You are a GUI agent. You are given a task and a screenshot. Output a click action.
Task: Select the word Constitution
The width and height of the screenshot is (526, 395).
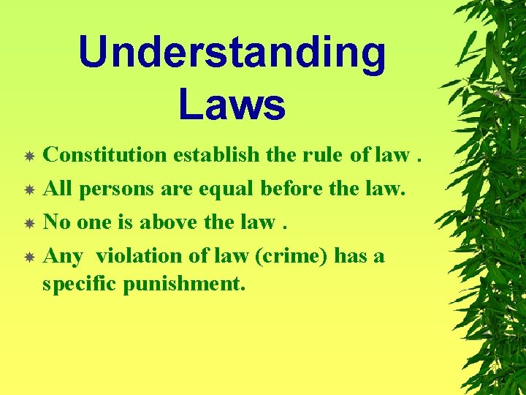(x=106, y=155)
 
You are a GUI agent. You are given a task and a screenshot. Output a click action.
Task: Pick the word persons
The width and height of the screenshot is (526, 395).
(x=118, y=189)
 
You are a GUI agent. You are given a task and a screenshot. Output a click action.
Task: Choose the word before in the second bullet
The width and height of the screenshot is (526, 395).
(x=291, y=189)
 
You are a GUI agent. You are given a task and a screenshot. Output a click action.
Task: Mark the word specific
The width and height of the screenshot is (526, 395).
(x=80, y=284)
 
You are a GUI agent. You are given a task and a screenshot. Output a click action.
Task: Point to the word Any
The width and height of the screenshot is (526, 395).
(x=63, y=257)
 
